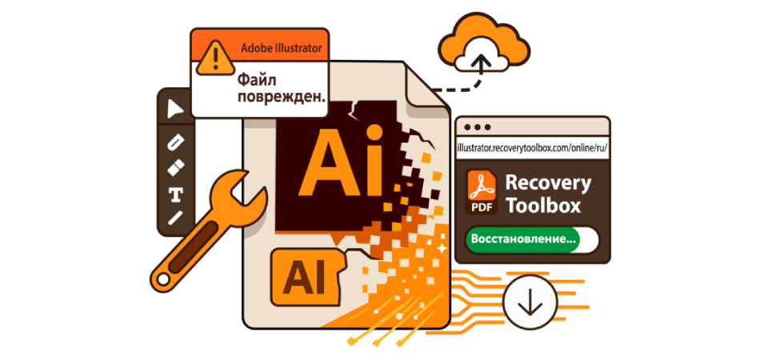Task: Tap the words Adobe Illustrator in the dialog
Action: (282, 48)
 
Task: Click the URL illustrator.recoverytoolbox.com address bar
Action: (531, 148)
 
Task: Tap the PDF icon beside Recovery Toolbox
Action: (483, 193)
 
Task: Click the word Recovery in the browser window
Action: (548, 182)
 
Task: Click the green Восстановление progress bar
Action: (531, 238)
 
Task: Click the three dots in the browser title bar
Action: (478, 127)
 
